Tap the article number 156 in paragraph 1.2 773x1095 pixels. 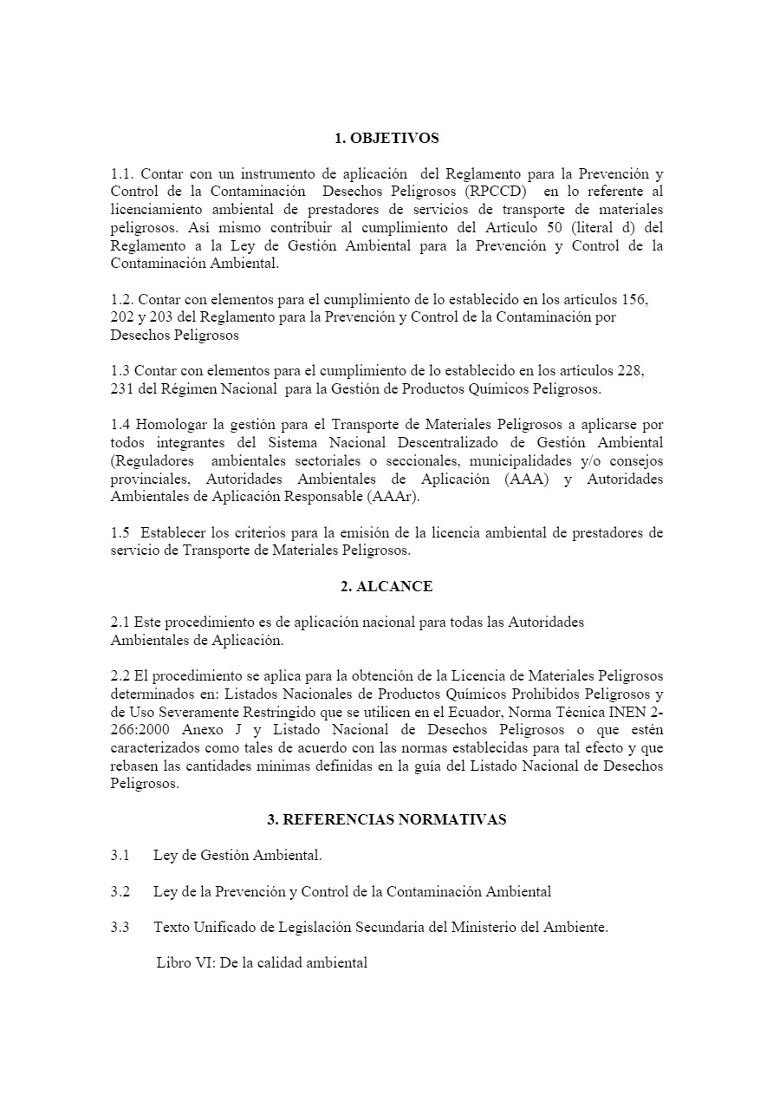(x=635, y=299)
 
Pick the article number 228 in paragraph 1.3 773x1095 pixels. (x=630, y=371)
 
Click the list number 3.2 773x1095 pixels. (x=120, y=891)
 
